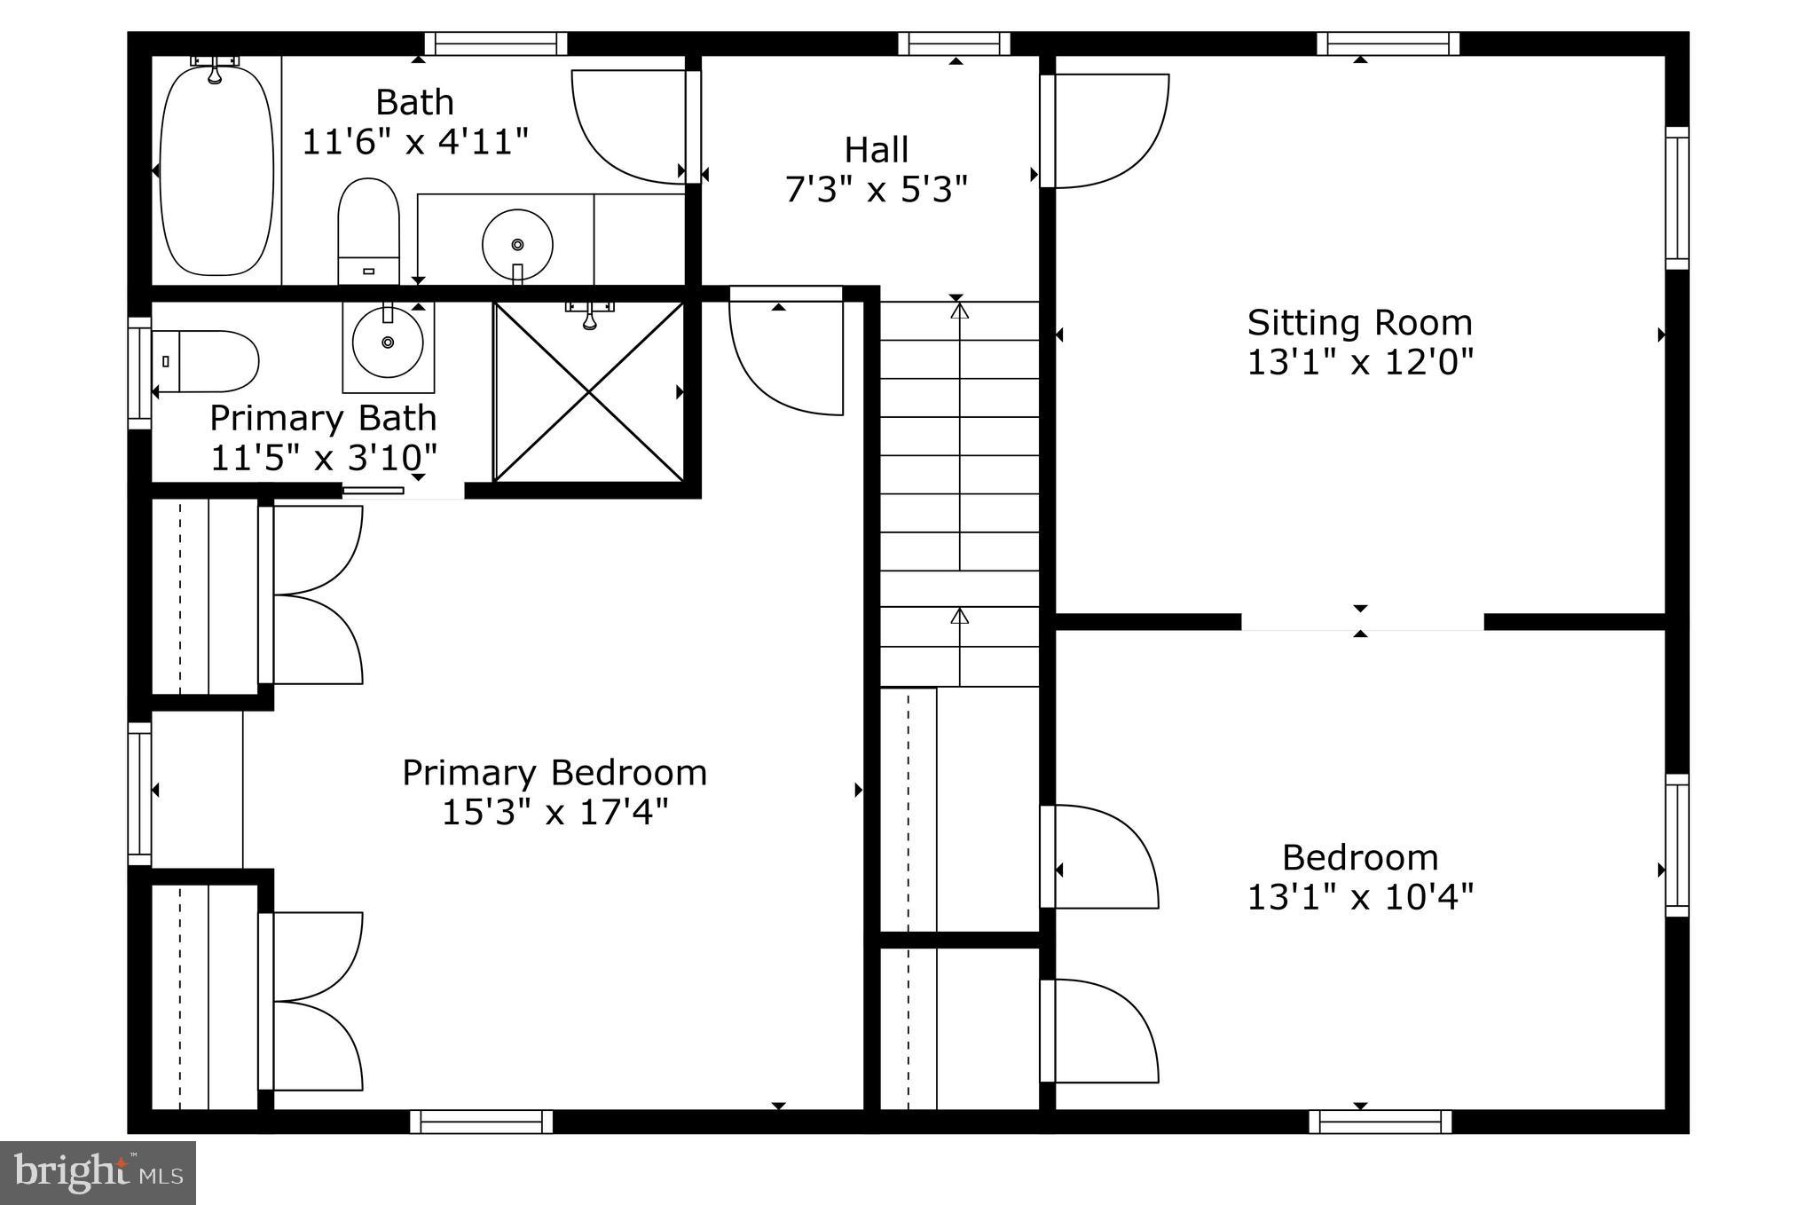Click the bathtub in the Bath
216,169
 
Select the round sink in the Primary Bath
387,343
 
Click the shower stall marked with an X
589,391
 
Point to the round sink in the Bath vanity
517,244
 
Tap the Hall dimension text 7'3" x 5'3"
876,189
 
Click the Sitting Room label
1359,322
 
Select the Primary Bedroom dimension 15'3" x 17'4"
555,812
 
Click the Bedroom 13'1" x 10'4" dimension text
1360,897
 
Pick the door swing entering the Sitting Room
1109,130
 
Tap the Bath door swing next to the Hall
630,126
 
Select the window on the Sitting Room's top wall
1388,43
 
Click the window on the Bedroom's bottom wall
1380,1122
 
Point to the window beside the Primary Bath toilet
139,373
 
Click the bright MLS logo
98,1173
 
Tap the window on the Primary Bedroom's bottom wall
481,1122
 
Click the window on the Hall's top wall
955,43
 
